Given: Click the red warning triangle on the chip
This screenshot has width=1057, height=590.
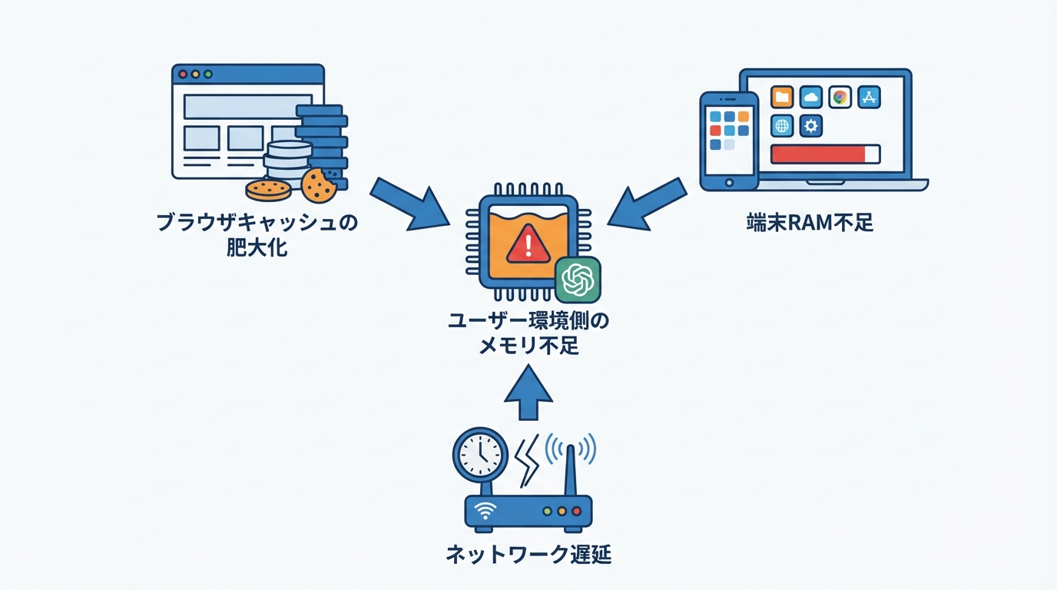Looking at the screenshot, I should [x=528, y=244].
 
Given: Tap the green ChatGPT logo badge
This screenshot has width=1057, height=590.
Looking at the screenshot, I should [x=577, y=280].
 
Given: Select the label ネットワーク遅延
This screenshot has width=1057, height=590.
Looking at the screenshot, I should [x=528, y=555].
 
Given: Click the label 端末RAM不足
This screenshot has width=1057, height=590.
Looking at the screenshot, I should [x=810, y=223].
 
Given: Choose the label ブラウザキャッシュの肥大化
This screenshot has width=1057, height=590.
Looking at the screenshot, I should [x=257, y=235].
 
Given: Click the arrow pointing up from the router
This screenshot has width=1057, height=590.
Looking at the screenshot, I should [x=528, y=392].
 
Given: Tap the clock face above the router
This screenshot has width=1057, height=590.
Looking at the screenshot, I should [x=480, y=456].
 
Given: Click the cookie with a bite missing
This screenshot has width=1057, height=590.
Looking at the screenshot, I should [x=317, y=184].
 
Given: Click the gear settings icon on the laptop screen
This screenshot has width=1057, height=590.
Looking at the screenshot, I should [x=811, y=125].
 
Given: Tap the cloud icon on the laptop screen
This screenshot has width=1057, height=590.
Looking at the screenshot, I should [x=810, y=97].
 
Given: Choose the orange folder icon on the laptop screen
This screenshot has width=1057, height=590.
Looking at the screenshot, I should [x=782, y=97].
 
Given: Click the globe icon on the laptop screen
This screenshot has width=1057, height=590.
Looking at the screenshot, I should [x=782, y=125].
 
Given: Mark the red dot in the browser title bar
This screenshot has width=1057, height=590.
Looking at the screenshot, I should [x=183, y=75].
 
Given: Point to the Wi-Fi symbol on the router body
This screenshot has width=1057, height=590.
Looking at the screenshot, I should [x=485, y=509].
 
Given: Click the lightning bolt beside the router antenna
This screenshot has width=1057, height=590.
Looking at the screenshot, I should [x=529, y=461].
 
